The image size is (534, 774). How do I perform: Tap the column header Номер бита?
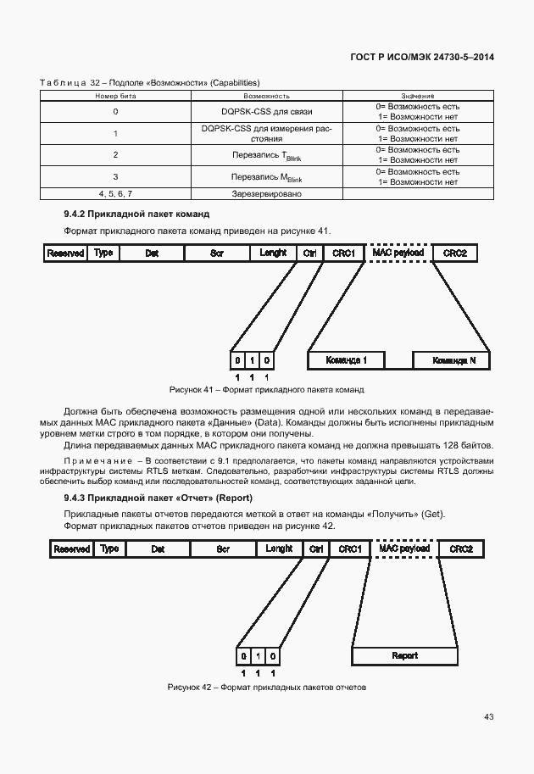115,97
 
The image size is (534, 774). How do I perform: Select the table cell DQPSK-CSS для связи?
267,112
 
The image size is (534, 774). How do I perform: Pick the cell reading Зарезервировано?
267,193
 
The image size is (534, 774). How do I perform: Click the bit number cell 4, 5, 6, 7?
115,193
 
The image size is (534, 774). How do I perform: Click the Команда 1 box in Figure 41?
347,360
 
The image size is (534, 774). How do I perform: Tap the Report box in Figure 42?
404,656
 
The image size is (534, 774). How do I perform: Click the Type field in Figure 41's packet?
103,253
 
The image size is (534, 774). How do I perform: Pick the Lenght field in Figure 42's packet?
279,549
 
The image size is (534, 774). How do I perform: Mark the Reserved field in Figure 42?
72,549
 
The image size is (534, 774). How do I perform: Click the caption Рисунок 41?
266,390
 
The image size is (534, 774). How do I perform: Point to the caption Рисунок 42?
266,687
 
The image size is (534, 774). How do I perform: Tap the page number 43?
488,717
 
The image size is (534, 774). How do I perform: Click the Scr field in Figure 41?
216,253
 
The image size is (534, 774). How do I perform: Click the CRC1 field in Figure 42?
350,549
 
